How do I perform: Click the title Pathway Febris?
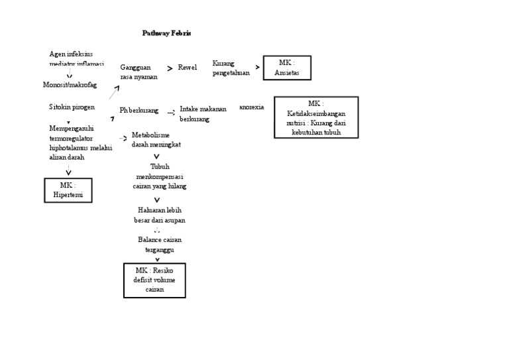167,33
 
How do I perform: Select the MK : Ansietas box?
286,68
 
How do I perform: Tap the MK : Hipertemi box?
68,190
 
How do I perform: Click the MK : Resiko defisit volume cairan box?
154,280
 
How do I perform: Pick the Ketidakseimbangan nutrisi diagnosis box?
316,117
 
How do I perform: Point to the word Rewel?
188,68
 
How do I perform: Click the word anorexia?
251,107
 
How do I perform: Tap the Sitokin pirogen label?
72,107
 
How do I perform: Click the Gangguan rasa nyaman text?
139,72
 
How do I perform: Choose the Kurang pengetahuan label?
231,68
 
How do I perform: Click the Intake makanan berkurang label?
203,113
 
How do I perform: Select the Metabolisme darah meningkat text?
156,139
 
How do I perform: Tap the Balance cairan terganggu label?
159,244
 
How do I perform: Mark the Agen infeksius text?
72,54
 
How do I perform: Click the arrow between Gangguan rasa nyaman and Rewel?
170,68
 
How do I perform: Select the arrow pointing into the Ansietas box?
257,68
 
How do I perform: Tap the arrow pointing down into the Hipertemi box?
68,172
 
